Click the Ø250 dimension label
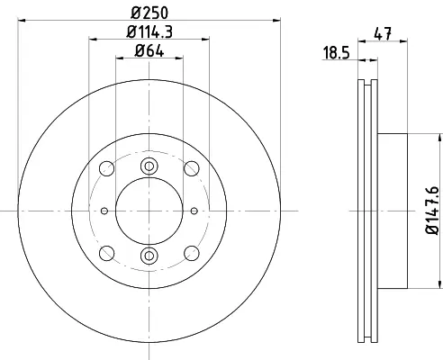tap(149, 13)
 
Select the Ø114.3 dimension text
tap(149, 31)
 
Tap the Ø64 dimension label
tap(149, 50)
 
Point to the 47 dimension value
tap(383, 33)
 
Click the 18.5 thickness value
tap(336, 53)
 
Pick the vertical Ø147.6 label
tap(432, 210)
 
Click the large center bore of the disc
tap(149, 211)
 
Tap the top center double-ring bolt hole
tap(149, 166)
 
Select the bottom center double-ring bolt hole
tap(149, 256)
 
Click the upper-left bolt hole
tap(106, 168)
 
